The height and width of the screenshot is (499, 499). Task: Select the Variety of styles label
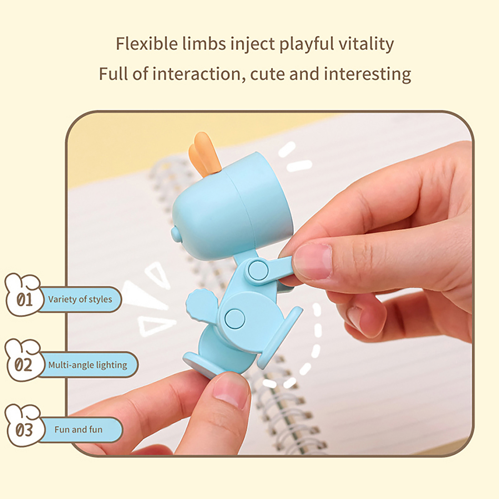(80, 299)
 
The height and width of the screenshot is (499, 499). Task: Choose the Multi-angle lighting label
(88, 365)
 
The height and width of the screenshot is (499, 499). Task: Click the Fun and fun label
(78, 430)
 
